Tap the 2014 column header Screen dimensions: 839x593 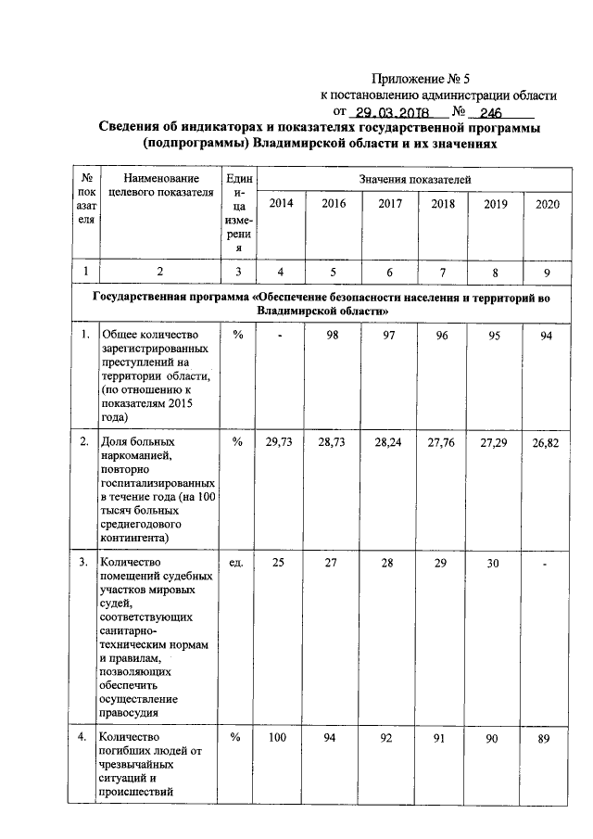tap(281, 204)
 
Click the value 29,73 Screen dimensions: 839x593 tap(279, 445)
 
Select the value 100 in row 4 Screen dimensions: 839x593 tap(278, 738)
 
